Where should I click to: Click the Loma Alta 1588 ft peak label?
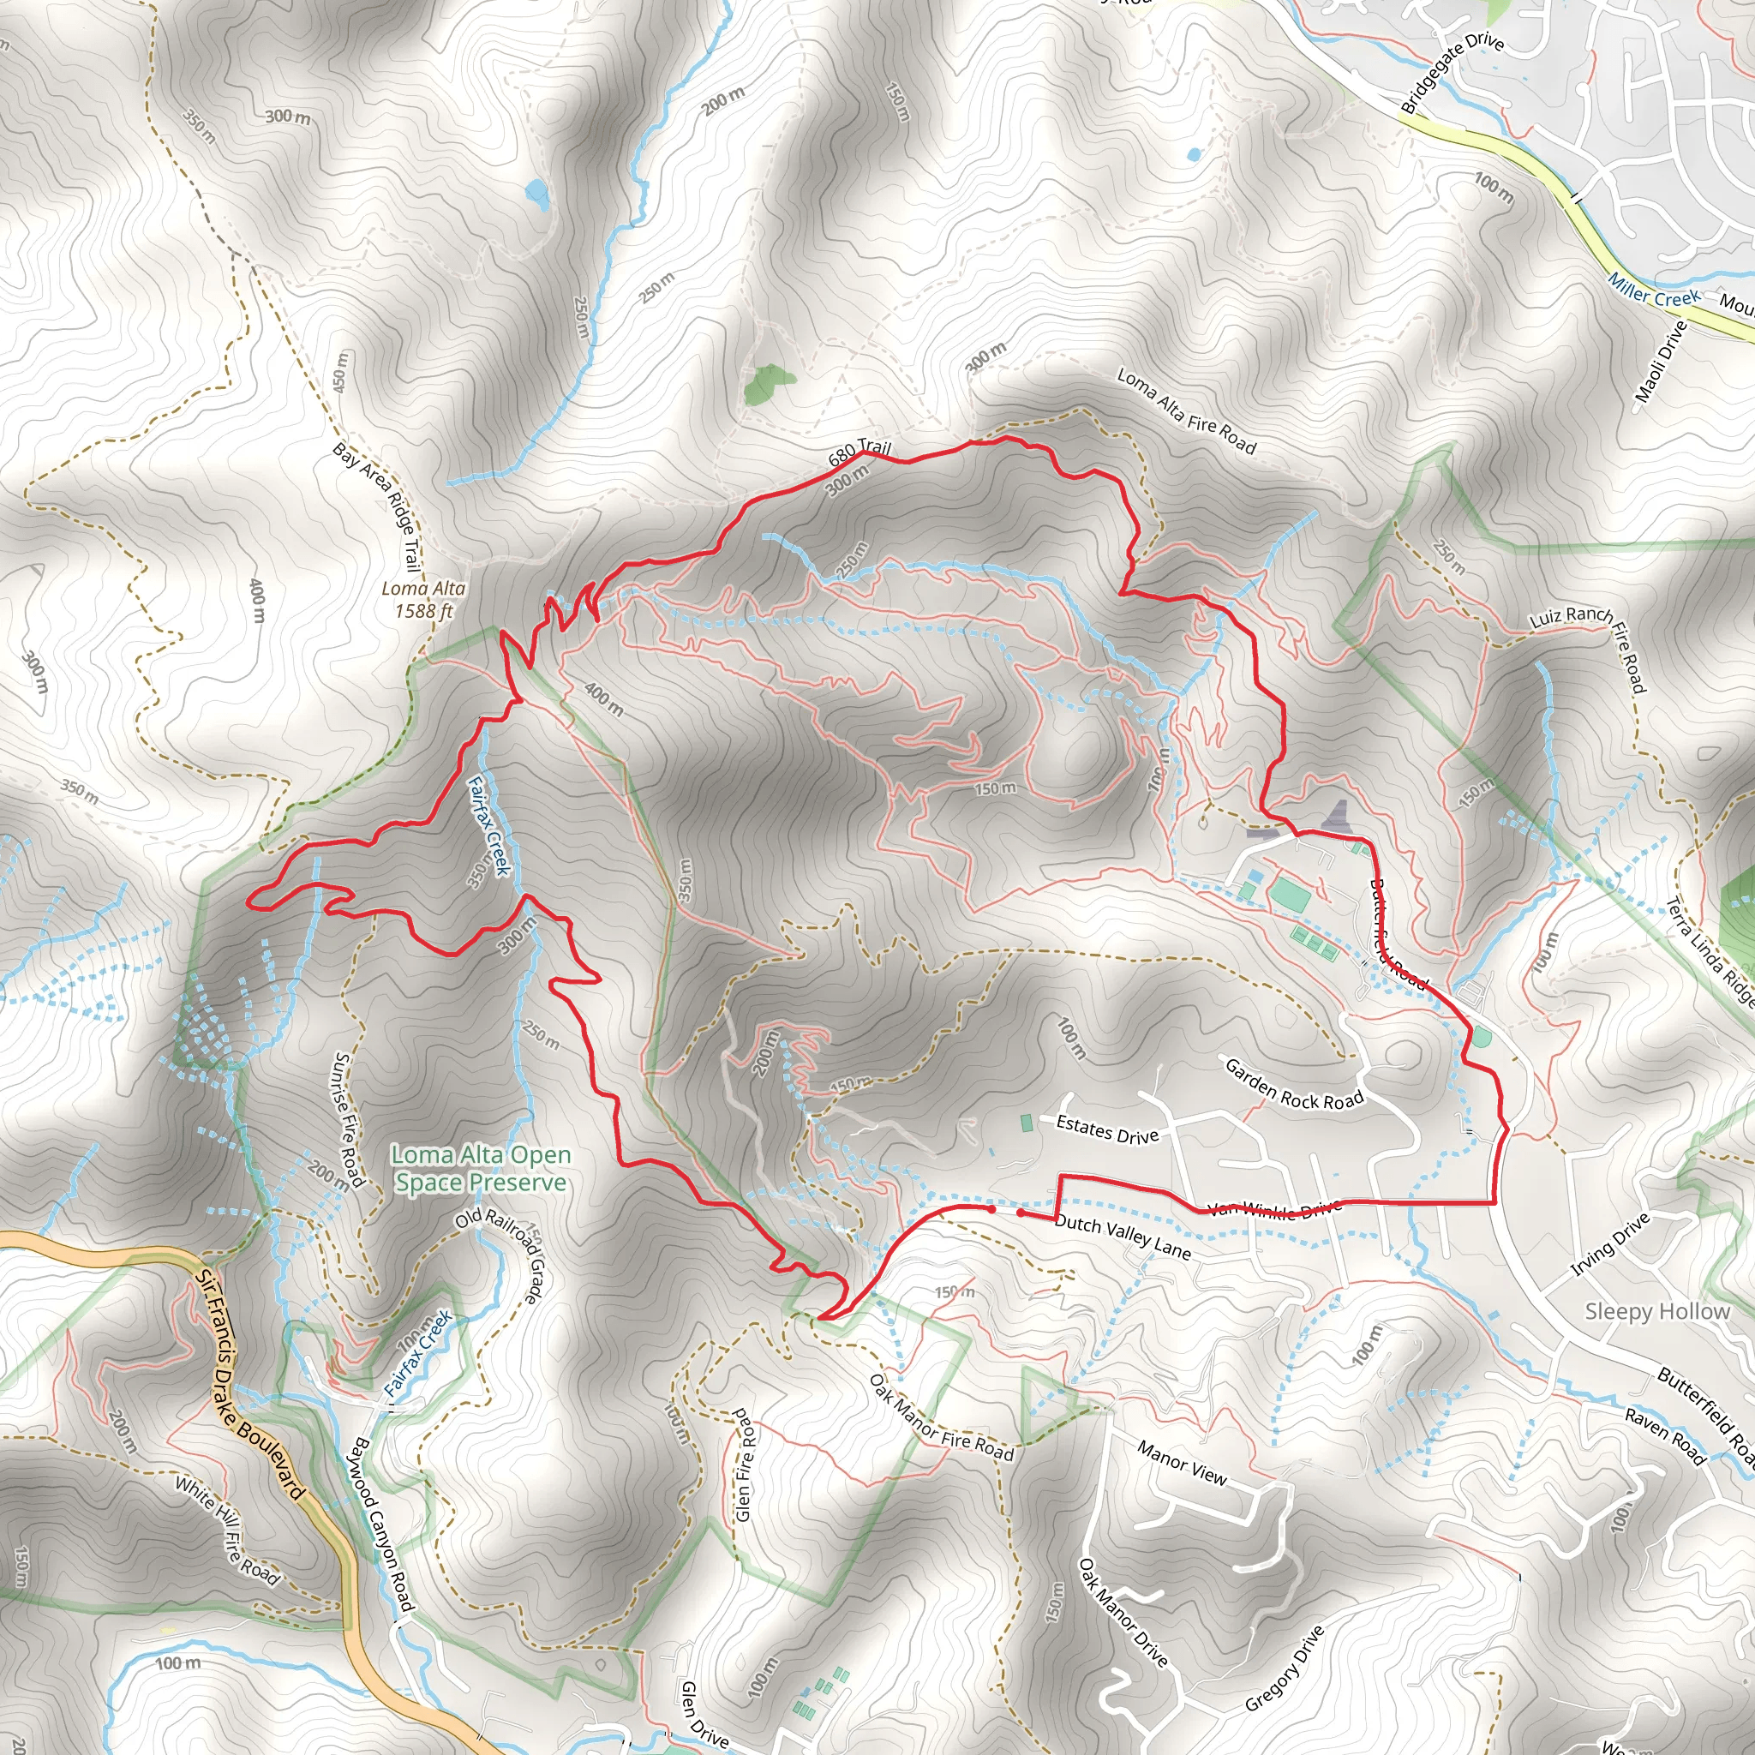(x=423, y=600)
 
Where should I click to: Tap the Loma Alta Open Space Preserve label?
(x=481, y=1168)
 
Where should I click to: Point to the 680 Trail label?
(x=860, y=452)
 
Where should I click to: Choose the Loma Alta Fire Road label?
(x=1185, y=410)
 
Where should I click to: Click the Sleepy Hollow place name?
(x=1657, y=1311)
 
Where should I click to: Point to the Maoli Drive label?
(x=1661, y=362)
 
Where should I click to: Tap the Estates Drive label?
(x=1107, y=1129)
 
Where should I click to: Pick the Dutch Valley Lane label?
(x=1123, y=1237)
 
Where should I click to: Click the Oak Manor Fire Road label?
(x=941, y=1418)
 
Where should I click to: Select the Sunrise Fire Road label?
(x=349, y=1119)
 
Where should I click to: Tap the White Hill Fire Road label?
(x=227, y=1530)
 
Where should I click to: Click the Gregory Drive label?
(x=1285, y=1668)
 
